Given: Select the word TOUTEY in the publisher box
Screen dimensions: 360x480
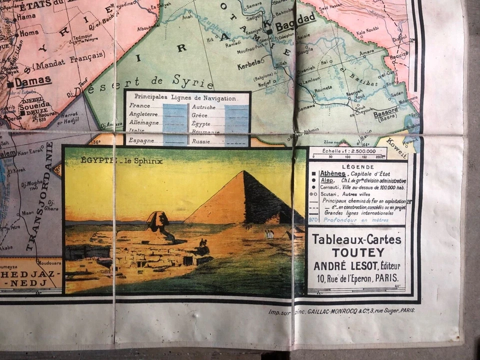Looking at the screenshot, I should (x=356, y=252).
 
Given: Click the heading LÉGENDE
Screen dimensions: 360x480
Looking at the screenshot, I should (x=357, y=167).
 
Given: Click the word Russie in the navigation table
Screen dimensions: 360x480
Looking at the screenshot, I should (x=203, y=140).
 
